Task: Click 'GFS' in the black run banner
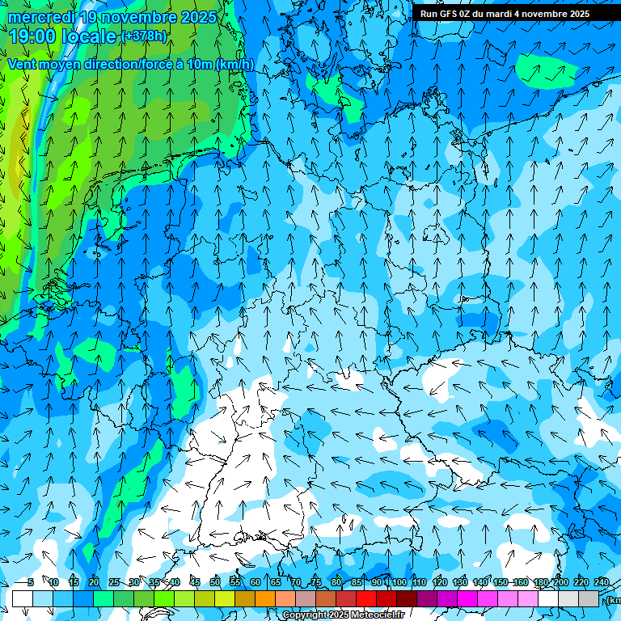click(450, 14)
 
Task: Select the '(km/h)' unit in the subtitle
click(234, 65)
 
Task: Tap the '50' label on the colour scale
click(214, 583)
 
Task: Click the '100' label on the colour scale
click(399, 583)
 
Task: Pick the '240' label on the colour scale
click(602, 583)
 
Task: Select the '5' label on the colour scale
click(31, 583)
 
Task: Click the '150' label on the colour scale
click(501, 583)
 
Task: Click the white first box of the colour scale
click(23, 598)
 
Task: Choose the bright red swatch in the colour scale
click(366, 598)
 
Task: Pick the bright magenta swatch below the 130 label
click(467, 598)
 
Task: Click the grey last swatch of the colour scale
click(589, 598)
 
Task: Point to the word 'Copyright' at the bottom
click(305, 615)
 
